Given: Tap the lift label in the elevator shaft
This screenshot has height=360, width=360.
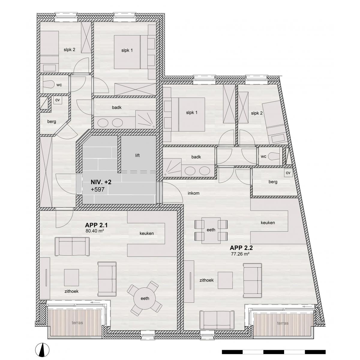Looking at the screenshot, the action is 137,155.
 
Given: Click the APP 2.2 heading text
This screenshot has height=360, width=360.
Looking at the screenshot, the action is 241,248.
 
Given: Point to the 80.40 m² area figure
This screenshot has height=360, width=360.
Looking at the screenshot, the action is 95,231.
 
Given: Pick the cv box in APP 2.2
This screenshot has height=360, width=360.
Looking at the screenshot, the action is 288,173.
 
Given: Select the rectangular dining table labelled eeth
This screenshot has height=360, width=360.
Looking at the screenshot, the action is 211,230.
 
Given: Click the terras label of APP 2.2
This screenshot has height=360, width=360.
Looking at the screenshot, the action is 283,323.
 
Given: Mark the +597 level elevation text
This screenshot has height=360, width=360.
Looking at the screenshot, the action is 97,189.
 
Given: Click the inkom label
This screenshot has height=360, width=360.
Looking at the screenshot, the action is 193,193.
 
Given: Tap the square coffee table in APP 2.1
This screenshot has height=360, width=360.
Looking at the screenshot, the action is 71,277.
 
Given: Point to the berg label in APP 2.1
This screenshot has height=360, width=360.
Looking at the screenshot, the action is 52,121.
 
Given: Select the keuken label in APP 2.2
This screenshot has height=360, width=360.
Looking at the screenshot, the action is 268,223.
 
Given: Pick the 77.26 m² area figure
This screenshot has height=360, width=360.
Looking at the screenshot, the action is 240,254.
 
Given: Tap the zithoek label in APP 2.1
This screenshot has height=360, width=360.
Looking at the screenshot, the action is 71,291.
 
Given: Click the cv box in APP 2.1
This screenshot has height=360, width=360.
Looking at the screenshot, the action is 58,100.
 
